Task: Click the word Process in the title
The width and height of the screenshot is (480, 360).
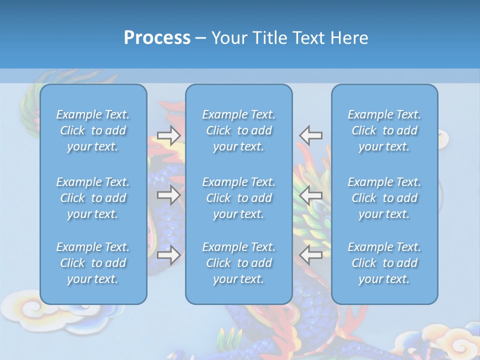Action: coord(157,38)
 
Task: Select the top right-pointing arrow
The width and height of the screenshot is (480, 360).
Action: coord(168,135)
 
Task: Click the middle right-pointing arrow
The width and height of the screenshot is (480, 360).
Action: coord(168,195)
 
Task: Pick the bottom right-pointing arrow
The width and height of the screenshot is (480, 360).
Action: coord(168,255)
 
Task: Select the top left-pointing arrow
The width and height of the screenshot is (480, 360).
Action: coord(311,135)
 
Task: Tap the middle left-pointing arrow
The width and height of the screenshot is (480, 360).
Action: coord(311,195)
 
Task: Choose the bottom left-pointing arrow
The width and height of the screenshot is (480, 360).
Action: coord(311,255)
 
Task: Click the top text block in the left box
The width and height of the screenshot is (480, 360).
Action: coord(93,130)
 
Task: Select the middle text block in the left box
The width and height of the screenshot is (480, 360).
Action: coord(93,198)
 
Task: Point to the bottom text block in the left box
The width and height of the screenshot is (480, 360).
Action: coord(93,263)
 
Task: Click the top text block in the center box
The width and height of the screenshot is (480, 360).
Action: coord(239,130)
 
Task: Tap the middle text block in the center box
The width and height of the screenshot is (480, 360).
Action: coord(239,198)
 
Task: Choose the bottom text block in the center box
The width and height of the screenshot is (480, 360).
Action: coord(239,263)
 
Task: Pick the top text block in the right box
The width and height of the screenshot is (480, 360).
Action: coord(384,130)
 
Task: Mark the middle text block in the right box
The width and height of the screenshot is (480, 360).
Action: coord(384,198)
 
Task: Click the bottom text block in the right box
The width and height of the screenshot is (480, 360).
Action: coord(384,263)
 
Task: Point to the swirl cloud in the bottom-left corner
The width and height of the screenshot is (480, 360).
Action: coord(25,310)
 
